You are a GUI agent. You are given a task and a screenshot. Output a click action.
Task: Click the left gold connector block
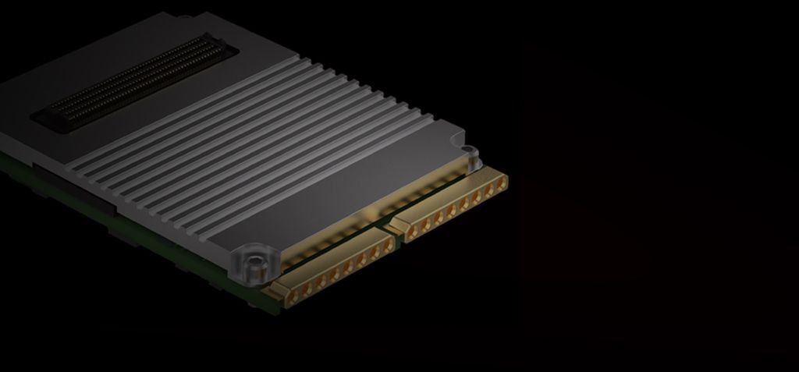(336, 269)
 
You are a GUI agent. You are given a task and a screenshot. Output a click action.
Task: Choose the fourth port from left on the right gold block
(441, 213)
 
